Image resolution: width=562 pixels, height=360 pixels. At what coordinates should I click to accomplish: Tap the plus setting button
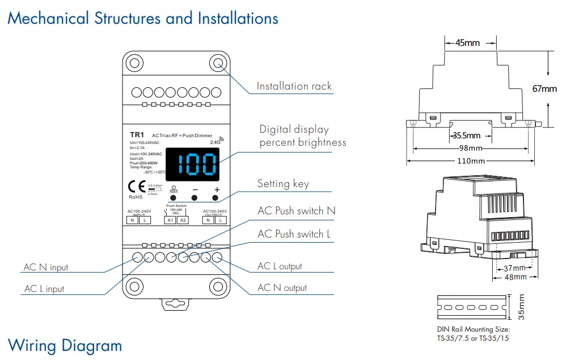tap(215, 198)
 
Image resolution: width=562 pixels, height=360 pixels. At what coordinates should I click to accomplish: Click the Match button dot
tap(174, 198)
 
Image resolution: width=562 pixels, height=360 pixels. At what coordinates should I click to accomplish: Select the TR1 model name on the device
tap(137, 134)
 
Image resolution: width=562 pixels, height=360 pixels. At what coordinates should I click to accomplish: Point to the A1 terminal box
tap(170, 220)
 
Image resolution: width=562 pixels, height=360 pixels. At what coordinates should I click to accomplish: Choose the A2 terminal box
tap(182, 220)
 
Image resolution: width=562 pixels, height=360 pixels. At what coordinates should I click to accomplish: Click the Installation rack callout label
tap(294, 86)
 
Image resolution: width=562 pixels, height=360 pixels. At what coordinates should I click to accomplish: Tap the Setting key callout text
tap(291, 184)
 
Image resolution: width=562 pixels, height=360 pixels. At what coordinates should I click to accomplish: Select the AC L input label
tap(44, 289)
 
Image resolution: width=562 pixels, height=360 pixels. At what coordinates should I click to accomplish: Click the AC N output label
tap(282, 288)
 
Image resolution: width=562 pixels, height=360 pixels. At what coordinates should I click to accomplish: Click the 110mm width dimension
tap(471, 161)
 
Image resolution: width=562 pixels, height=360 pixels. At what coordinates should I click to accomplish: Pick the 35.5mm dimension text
tap(466, 135)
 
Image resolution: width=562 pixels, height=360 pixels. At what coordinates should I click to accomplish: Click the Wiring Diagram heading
tap(65, 345)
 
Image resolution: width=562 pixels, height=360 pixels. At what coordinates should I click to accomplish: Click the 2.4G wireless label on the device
tap(215, 142)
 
